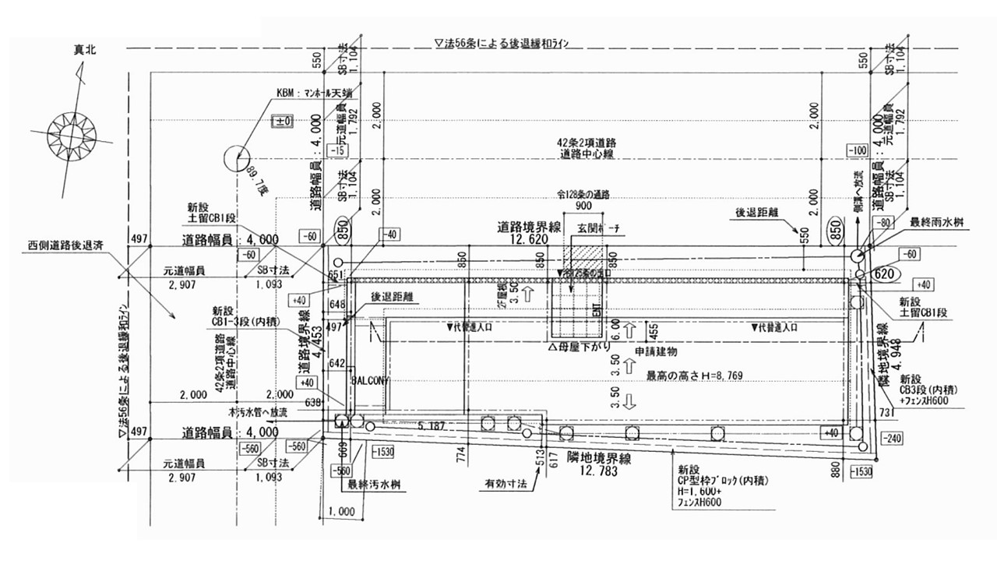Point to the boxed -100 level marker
coord(858,150)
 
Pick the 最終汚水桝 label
coord(374,484)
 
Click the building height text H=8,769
coord(694,376)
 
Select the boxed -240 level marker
coord(893,439)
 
